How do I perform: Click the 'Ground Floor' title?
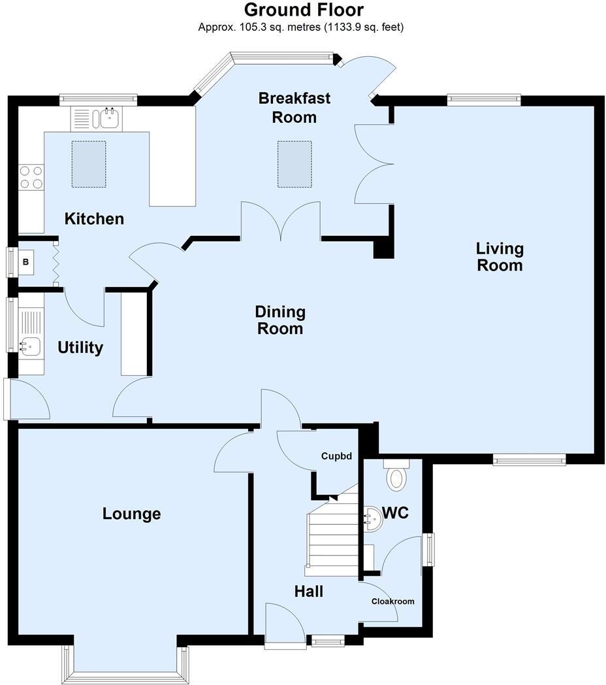[304, 10]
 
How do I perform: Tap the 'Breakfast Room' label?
[295, 108]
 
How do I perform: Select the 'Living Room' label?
[500, 257]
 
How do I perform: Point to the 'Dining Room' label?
[279, 320]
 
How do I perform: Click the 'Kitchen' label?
[94, 219]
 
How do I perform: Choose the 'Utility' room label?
[80, 348]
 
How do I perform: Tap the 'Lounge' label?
[131, 514]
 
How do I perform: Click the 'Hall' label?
[308, 592]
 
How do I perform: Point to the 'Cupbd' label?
[336, 456]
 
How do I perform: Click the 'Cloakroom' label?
[392, 601]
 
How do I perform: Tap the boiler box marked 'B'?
[26, 263]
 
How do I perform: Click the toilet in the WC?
[396, 476]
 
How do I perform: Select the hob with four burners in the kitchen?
[31, 176]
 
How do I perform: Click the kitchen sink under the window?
[107, 119]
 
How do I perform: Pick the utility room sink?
[30, 346]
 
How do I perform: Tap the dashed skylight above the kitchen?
[88, 163]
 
